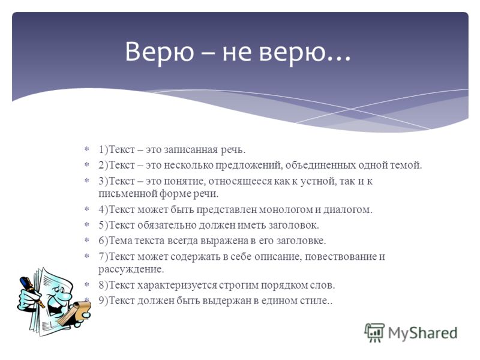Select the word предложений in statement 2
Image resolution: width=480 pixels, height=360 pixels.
pos(248,166)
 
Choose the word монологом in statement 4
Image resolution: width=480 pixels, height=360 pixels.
pos(286,210)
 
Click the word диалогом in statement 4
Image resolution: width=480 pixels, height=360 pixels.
pos(348,210)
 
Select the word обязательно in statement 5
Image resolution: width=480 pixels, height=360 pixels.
pos(167,226)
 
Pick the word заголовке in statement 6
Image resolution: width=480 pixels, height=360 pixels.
pos(301,241)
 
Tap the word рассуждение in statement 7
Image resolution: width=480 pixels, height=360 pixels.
pos(131,269)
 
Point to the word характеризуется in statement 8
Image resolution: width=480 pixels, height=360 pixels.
pos(177,286)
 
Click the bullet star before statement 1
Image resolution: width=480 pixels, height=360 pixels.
pos(87,149)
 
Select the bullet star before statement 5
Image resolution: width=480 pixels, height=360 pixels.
pos(87,224)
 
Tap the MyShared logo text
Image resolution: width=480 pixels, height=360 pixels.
pos(423,333)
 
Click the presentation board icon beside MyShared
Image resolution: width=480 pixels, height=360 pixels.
pos(374,333)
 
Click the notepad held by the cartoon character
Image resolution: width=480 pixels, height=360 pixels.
pos(74,312)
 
